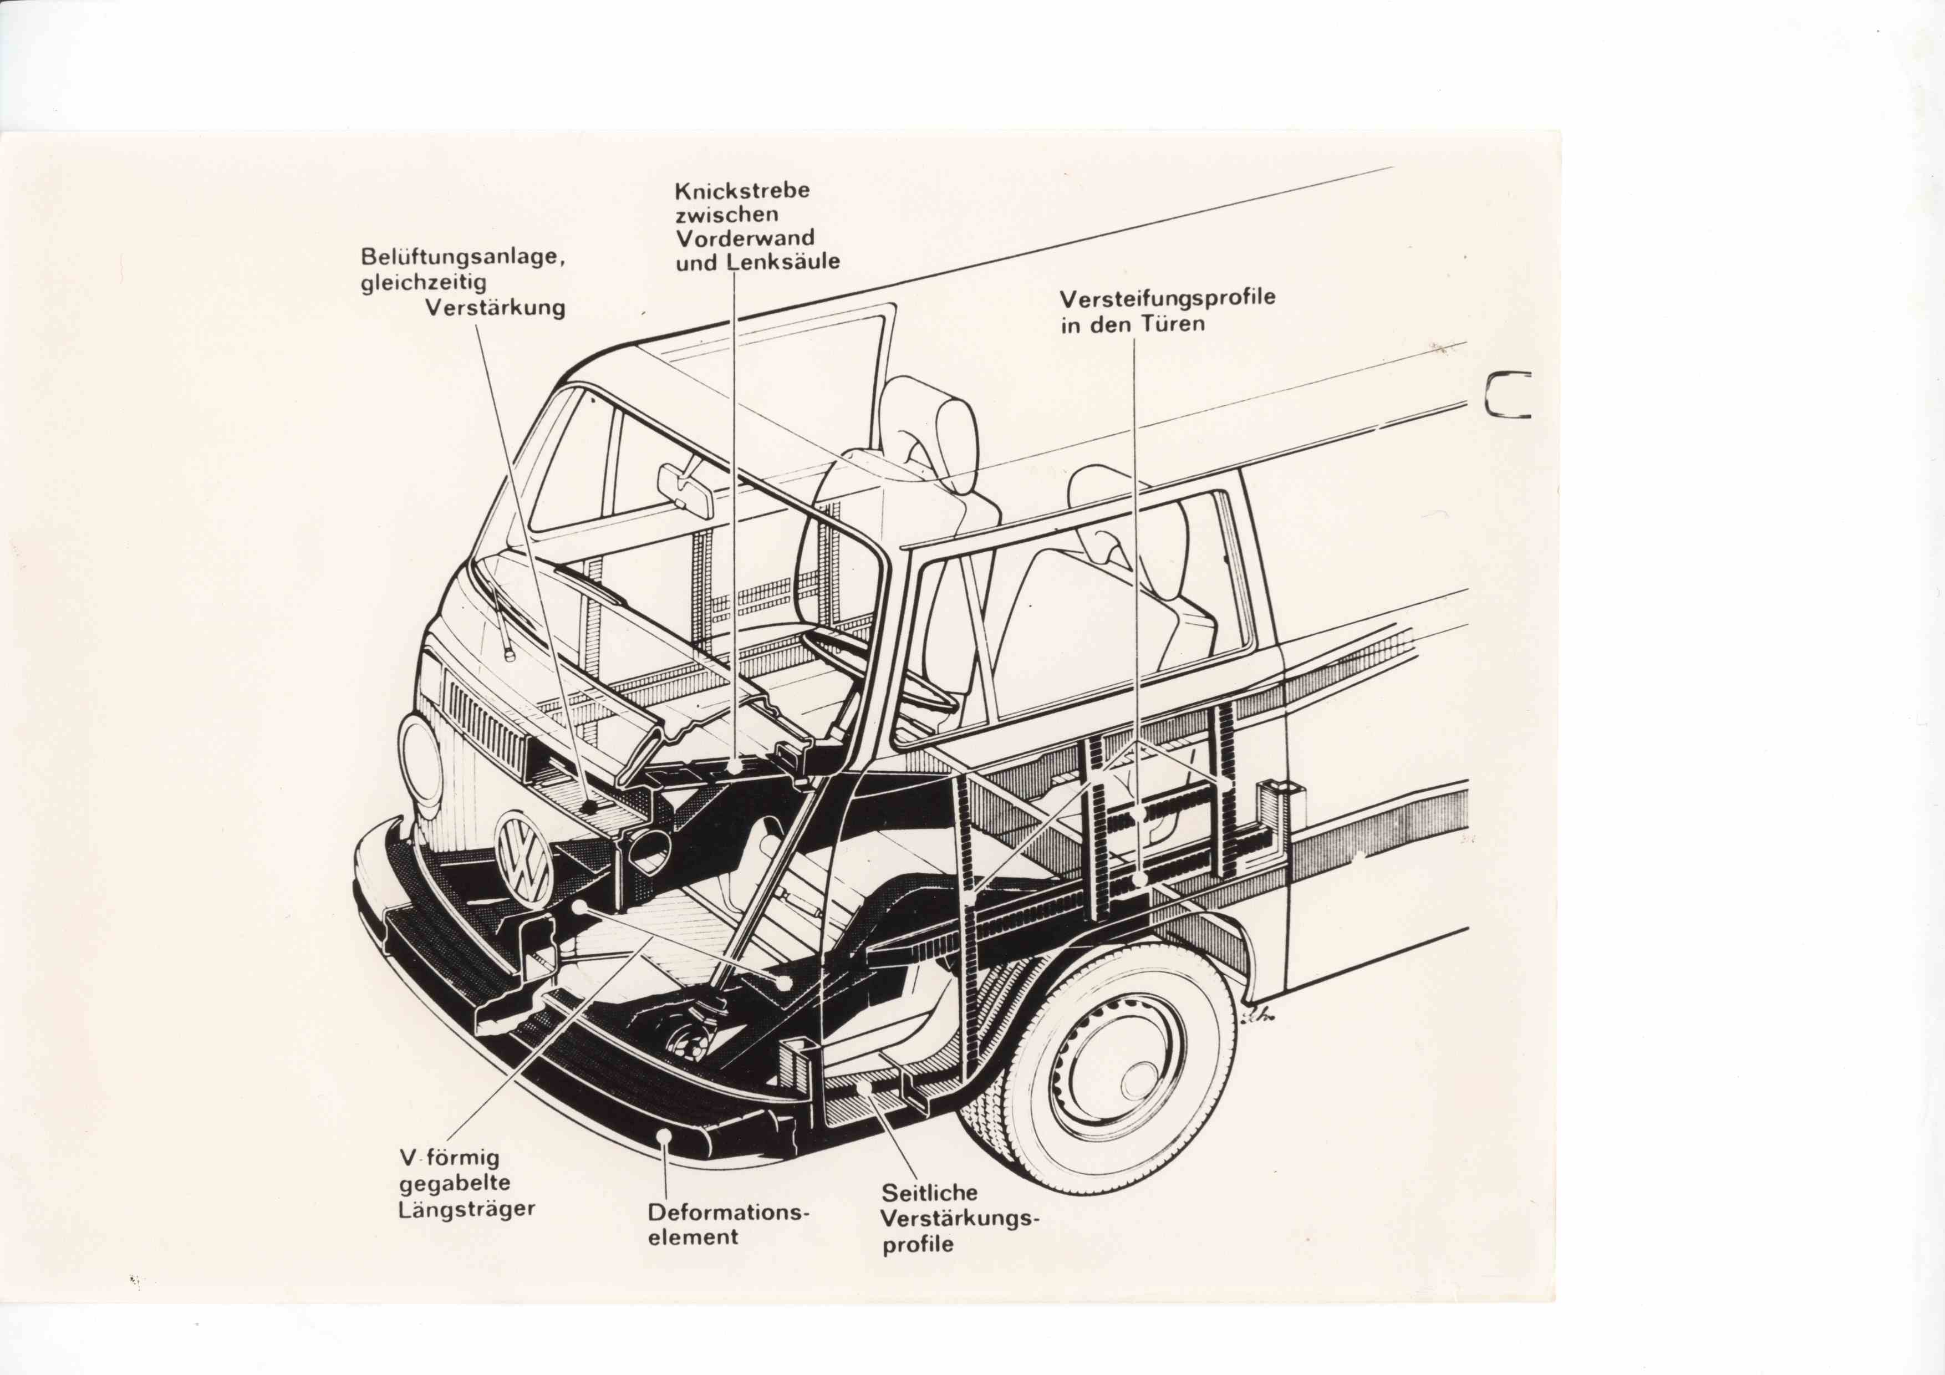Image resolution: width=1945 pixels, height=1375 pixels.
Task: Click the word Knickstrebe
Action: pyautogui.click(x=741, y=191)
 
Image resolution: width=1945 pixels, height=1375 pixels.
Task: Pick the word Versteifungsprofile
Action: pyautogui.click(x=1167, y=299)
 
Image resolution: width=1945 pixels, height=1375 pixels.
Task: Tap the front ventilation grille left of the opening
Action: pyautogui.click(x=482, y=721)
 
